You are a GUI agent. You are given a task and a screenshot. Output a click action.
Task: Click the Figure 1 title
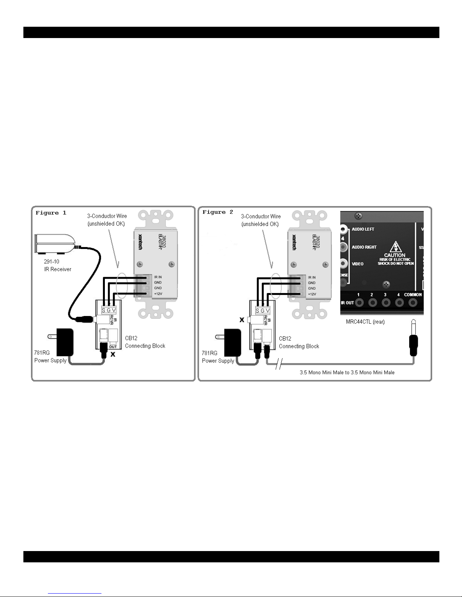point(51,213)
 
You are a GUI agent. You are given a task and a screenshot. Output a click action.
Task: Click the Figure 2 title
point(218,212)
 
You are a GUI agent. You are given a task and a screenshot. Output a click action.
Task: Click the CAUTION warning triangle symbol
point(394,247)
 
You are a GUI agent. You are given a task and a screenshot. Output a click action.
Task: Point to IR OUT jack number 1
point(359,302)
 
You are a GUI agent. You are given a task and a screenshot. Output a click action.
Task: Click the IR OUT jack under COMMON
point(412,302)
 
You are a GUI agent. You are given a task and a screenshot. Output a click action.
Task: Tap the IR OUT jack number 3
point(385,302)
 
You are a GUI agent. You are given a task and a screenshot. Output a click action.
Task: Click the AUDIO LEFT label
point(363,229)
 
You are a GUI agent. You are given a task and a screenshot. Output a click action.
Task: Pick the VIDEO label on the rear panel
point(358,264)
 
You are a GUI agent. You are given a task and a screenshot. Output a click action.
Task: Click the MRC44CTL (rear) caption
point(365,322)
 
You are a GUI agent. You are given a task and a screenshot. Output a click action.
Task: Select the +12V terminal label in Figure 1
point(158,294)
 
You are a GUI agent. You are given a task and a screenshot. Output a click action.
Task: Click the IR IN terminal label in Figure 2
point(312,278)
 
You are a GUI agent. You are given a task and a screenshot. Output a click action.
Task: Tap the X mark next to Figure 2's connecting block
point(242,320)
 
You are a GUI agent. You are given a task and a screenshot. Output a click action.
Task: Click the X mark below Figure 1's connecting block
point(112,354)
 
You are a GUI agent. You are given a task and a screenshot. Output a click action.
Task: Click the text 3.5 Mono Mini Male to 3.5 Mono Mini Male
point(347,373)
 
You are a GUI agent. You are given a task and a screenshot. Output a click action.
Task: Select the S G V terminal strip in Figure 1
point(109,310)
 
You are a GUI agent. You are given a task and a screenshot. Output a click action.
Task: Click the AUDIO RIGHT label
point(364,247)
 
